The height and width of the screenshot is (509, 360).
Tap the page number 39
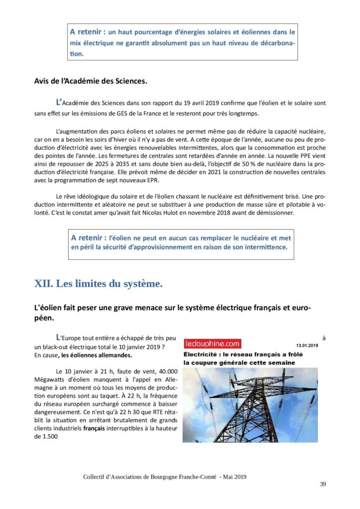pyautogui.click(x=323, y=484)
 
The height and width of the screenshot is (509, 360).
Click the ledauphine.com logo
pyautogui.click(x=212, y=344)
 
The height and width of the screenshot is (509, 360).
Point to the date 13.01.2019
pyautogui.click(x=307, y=345)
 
